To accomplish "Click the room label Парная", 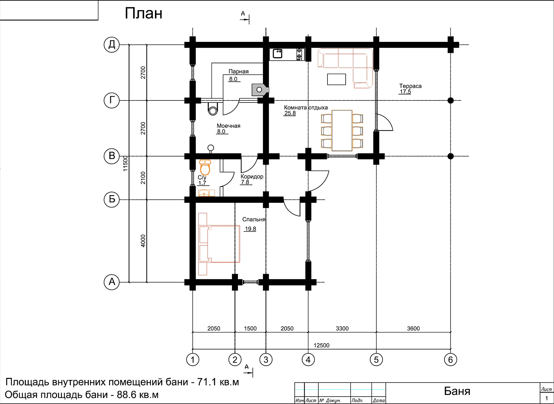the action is (238, 71).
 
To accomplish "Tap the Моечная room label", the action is (228, 126).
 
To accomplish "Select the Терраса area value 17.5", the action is (405, 92).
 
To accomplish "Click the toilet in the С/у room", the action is (205, 168).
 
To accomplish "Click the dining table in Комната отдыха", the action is (342, 131).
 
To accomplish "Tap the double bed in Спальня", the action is (219, 244).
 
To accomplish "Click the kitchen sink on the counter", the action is (278, 54).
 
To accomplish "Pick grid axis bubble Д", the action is (112, 45).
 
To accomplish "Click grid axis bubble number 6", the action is (450, 360).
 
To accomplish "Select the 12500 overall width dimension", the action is (321, 345).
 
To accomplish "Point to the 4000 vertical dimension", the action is (143, 241).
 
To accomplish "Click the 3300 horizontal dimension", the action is (342, 328).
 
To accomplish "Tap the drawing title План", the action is (143, 13).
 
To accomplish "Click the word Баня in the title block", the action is (457, 391).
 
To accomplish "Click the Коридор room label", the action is (252, 176).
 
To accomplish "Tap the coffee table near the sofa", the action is (336, 79).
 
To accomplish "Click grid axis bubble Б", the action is (112, 199).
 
